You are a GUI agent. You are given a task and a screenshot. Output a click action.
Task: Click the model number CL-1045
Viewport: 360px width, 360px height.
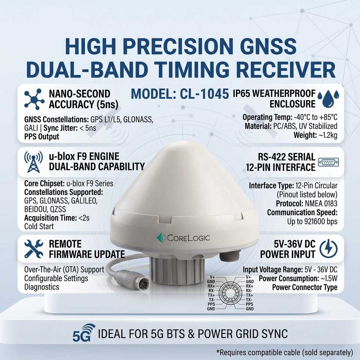point(204,94)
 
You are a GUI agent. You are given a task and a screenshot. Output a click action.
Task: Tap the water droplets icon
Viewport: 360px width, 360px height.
point(328,99)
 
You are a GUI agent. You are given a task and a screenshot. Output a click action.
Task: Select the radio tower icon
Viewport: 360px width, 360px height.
point(33,162)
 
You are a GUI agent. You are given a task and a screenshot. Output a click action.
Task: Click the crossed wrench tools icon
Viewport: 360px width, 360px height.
point(34,249)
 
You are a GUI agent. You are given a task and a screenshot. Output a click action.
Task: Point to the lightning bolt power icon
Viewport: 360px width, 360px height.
point(328,249)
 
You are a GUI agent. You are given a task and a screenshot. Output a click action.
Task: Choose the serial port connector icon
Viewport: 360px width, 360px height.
point(328,162)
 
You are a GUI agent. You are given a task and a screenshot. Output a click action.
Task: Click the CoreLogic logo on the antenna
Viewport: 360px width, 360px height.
point(183,238)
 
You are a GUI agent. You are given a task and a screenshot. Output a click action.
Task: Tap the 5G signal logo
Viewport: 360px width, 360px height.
point(84,333)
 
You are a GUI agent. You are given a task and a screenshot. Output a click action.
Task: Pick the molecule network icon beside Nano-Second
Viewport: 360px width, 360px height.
point(34,99)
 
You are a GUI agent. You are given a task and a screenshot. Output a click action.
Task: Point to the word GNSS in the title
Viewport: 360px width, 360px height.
point(268,46)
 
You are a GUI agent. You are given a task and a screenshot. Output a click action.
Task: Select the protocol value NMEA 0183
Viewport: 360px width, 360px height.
point(321,203)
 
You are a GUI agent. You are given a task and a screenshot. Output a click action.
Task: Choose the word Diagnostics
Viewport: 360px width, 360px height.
point(42,287)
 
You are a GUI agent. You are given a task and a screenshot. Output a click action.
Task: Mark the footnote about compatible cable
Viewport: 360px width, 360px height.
point(285,352)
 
